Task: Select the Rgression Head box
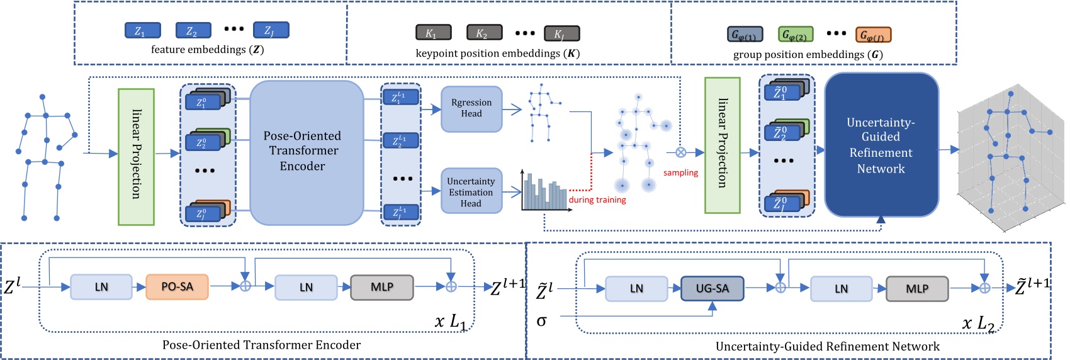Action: pos(471,109)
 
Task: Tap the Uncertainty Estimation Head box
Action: pos(471,191)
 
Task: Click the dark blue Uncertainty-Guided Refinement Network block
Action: pos(881,145)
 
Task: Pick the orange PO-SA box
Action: pos(177,286)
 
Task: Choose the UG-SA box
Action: pos(712,288)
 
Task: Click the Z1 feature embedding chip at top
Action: pos(142,30)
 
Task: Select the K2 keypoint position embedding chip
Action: pos(484,33)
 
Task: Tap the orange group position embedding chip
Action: pos(873,35)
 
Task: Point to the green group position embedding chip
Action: pos(796,35)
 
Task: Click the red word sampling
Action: pos(680,172)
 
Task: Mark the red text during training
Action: pos(597,200)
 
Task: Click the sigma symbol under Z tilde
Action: pos(541,321)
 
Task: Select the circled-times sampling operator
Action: pos(680,152)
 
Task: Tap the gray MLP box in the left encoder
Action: pos(381,287)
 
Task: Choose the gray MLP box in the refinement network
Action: pos(916,288)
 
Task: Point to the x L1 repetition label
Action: pos(451,322)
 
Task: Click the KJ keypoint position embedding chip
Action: pos(562,33)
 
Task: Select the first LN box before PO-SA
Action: pos(101,287)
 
